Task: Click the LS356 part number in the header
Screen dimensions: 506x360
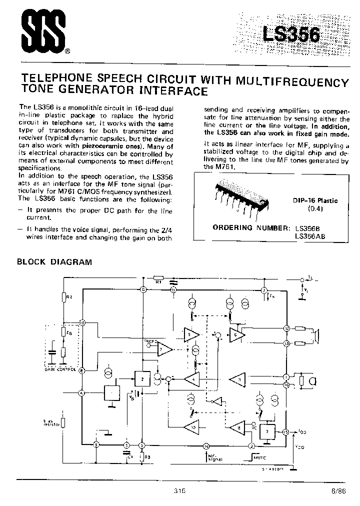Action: point(291,35)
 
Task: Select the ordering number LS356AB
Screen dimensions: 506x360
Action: point(309,236)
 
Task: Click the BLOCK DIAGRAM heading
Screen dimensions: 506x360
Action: point(54,262)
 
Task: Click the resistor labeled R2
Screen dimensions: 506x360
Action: point(63,298)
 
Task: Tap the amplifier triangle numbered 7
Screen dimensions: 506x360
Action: point(164,350)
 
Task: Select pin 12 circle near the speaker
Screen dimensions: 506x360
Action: point(286,328)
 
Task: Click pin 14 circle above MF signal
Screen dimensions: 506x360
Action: point(205,445)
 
